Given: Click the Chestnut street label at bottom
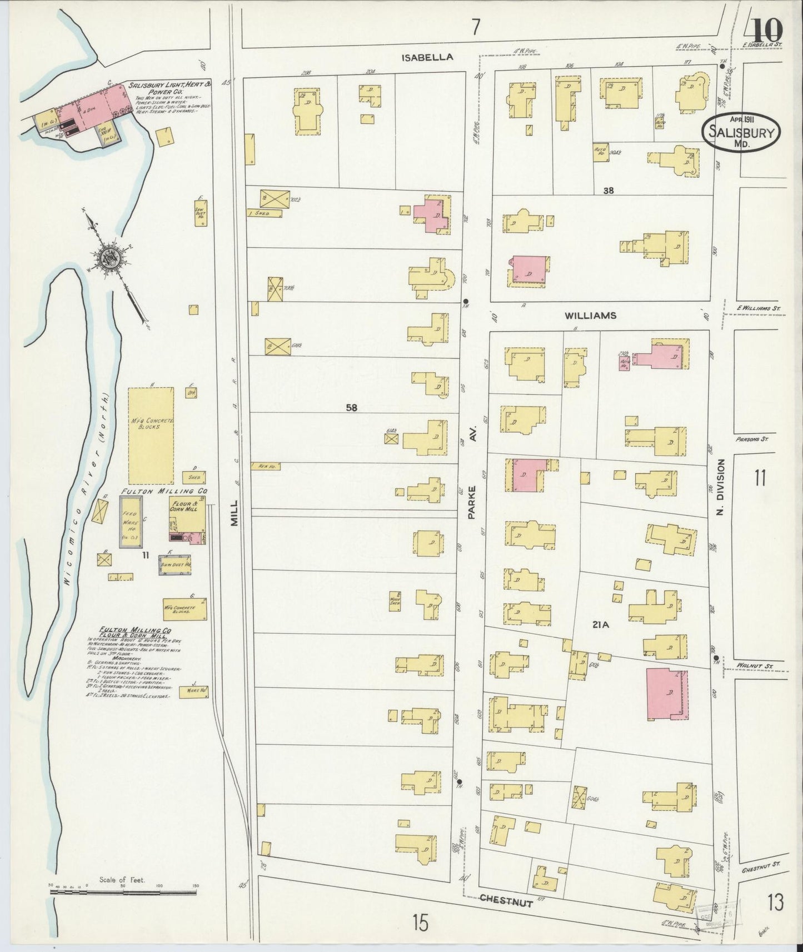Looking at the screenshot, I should pyautogui.click(x=506, y=901).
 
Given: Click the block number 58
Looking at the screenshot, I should pyautogui.click(x=351, y=408).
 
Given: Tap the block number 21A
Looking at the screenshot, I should pyautogui.click(x=601, y=625).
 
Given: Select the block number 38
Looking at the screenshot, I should pyautogui.click(x=609, y=191).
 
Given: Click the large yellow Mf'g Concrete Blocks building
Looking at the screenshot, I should pyautogui.click(x=151, y=435).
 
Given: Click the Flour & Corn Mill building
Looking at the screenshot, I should pyautogui.click(x=187, y=518).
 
